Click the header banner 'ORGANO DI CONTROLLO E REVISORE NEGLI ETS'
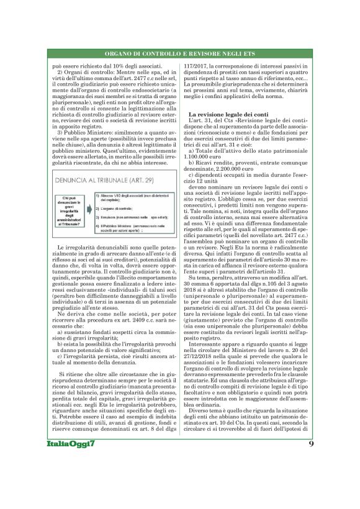179,55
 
